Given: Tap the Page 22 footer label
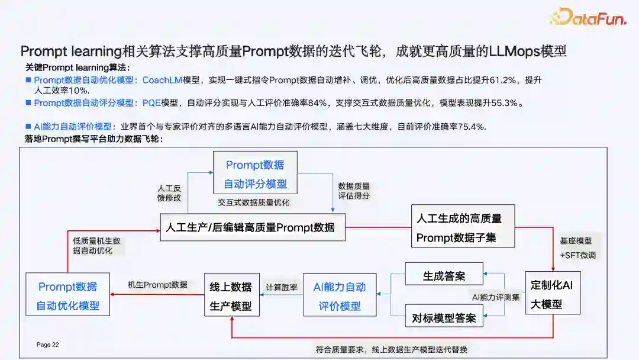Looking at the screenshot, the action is (48, 345).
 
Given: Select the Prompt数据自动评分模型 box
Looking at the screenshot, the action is (255, 173).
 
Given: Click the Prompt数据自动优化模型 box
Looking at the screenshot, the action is (67, 296).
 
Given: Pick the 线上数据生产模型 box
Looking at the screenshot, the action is (231, 295).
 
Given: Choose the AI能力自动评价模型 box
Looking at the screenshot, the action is (340, 295).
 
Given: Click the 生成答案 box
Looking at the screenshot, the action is (444, 276).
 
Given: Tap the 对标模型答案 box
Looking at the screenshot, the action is (444, 318).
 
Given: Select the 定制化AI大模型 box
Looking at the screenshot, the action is (553, 294).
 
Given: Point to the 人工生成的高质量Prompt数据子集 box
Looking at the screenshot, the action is (463, 227).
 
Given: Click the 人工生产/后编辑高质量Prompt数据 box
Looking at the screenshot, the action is (253, 227).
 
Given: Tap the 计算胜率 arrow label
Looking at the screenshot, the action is (282, 287).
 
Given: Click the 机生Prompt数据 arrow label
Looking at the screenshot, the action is (157, 284).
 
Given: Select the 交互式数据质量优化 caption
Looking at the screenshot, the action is (253, 202).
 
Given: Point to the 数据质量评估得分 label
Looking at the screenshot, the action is (354, 190).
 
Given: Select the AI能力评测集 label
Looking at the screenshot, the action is (496, 297).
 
